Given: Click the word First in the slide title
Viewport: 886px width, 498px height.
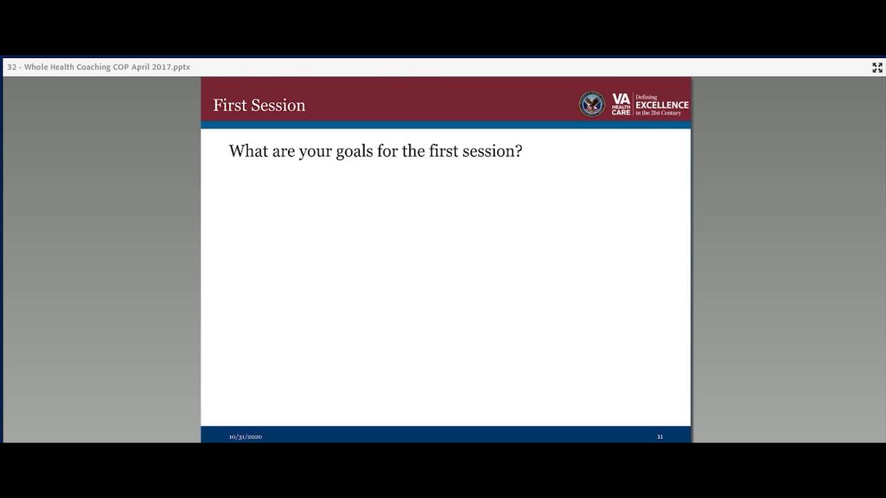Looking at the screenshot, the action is tap(230, 105).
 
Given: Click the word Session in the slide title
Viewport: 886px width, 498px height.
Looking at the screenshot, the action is tap(278, 105).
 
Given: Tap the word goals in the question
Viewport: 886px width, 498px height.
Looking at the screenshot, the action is tap(354, 151).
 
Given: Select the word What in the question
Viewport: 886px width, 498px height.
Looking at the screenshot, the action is tap(248, 151).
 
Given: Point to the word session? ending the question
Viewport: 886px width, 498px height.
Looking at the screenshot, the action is tap(492, 151).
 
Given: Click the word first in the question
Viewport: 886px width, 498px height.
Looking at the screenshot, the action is tap(444, 151).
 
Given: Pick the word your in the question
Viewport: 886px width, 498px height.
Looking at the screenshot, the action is tap(315, 151).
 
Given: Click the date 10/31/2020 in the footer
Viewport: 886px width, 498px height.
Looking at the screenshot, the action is tap(245, 436).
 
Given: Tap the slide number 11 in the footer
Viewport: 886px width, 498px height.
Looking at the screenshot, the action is tap(660, 436).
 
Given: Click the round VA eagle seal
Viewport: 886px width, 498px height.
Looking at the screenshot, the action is tap(592, 104).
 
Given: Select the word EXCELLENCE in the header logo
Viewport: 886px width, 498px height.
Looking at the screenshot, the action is tap(662, 105).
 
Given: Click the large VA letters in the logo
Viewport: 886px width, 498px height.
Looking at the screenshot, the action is tap(621, 99).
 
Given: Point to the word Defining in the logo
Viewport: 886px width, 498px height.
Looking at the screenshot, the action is tap(647, 97).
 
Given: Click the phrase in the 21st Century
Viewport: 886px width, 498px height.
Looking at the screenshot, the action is tap(658, 113).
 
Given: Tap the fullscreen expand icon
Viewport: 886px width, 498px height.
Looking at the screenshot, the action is tap(877, 68).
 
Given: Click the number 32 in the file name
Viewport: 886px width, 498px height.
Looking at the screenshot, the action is tap(12, 67).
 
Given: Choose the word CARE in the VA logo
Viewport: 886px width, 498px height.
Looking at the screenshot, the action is tap(621, 113).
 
